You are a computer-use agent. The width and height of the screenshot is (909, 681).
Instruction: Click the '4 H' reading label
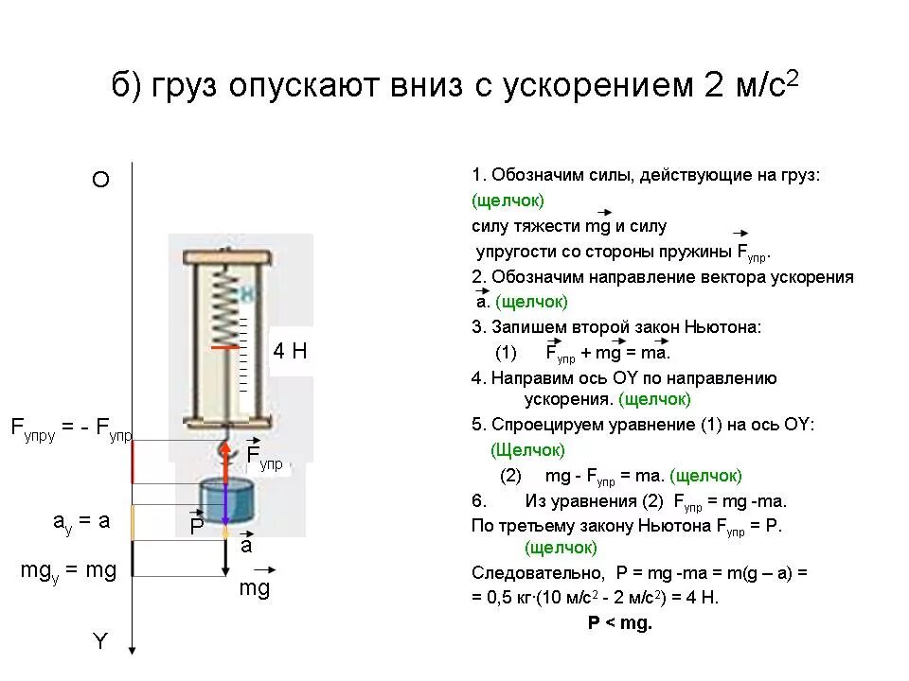pyautogui.click(x=290, y=352)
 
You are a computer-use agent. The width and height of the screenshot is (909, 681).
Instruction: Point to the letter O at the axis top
pyautogui.click(x=100, y=181)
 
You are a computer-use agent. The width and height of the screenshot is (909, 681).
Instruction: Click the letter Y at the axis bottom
pyautogui.click(x=100, y=642)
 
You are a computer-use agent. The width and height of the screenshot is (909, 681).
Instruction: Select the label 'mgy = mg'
pyautogui.click(x=68, y=571)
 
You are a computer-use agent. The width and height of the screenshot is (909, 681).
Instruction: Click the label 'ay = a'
pyautogui.click(x=81, y=521)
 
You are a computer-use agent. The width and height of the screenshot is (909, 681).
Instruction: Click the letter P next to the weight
pyautogui.click(x=197, y=527)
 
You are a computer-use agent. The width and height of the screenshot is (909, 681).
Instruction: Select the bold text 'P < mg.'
pyautogui.click(x=620, y=623)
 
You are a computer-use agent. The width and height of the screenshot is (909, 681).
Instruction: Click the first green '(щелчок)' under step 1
pyautogui.click(x=508, y=201)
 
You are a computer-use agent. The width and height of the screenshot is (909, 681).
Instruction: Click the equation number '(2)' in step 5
pyautogui.click(x=511, y=476)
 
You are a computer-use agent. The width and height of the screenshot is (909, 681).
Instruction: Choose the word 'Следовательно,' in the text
pyautogui.click(x=537, y=573)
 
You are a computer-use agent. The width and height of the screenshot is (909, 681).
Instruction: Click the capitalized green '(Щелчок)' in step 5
pyautogui.click(x=527, y=450)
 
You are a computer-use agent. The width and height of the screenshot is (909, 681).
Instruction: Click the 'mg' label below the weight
pyautogui.click(x=254, y=589)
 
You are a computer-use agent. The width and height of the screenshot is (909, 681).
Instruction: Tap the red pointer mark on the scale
pyautogui.click(x=224, y=348)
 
